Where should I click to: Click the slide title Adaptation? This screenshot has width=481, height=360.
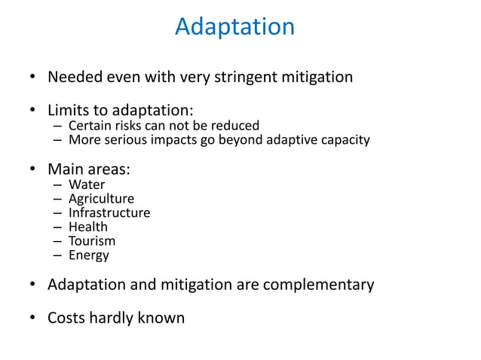tap(234, 27)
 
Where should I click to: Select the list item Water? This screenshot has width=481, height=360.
tap(87, 185)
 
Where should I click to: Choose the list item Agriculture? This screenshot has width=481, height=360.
tap(101, 199)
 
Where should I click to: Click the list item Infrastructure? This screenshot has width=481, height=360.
tap(109, 212)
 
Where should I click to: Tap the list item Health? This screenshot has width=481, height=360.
tap(88, 227)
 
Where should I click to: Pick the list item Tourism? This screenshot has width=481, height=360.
tap(92, 241)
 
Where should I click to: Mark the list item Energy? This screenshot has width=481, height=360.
tap(89, 255)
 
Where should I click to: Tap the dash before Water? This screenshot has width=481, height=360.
tap(57, 185)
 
